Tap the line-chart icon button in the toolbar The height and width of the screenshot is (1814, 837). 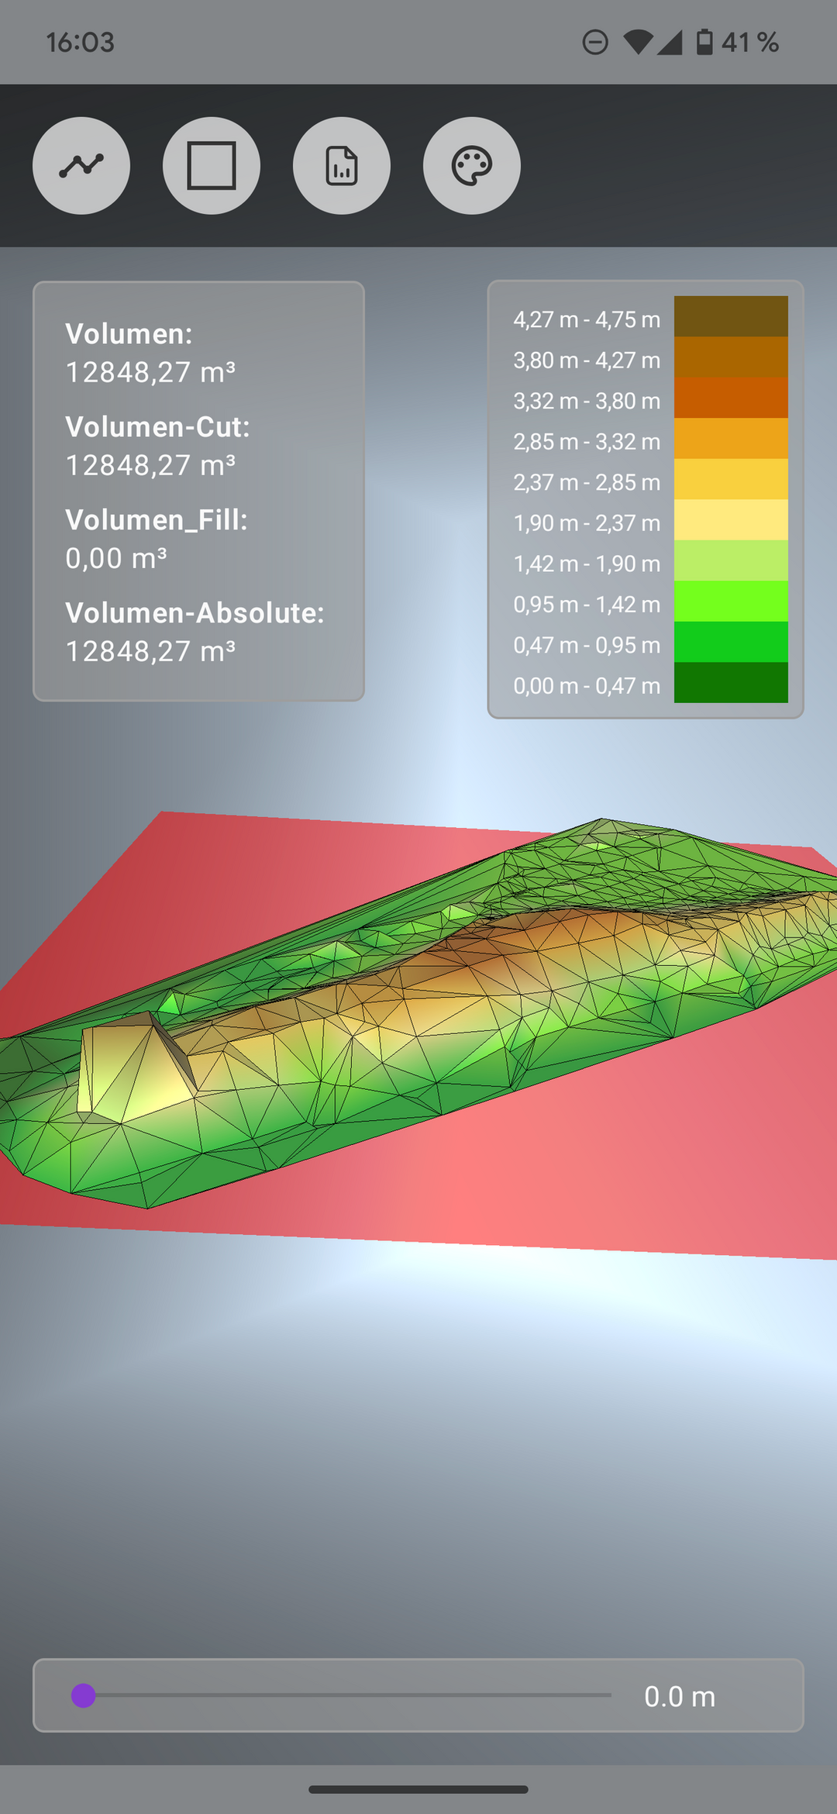[81, 165]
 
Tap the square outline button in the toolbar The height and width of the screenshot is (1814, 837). [212, 165]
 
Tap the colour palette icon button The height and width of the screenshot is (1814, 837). [472, 165]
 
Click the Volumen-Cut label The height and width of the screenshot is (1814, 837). [158, 427]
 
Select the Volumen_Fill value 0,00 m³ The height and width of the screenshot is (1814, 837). [116, 558]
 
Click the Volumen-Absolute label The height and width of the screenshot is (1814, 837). [195, 613]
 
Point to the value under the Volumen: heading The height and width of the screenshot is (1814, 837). [150, 372]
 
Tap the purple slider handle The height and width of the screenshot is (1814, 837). [84, 1695]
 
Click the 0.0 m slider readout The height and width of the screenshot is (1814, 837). [680, 1696]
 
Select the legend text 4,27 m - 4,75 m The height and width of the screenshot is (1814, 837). [587, 319]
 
